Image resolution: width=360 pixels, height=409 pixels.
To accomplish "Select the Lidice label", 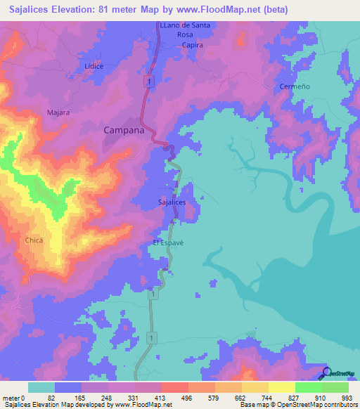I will (x=94, y=66).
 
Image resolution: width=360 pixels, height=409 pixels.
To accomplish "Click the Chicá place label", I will (x=34, y=240).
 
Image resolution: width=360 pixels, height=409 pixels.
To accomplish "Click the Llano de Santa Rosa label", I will (x=185, y=30).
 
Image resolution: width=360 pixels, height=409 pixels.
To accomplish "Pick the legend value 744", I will (x=241, y=398).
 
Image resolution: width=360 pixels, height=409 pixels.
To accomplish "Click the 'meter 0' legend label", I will (x=13, y=398).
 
